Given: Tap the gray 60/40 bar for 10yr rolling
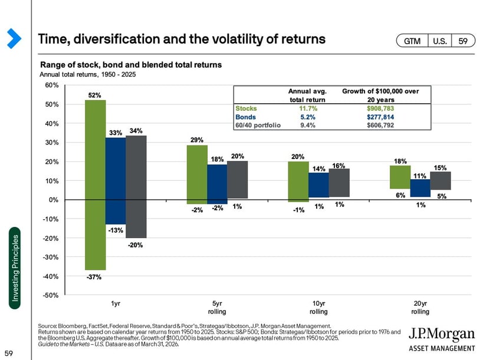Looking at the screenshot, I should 339,183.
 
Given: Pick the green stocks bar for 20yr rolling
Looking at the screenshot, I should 400,177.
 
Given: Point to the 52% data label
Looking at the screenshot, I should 95,95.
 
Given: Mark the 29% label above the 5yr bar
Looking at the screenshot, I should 197,140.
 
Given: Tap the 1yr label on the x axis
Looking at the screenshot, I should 116,304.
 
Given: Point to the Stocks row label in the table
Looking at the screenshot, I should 246,108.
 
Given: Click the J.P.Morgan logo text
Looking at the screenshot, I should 442,334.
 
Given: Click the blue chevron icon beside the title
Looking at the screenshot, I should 14,38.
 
